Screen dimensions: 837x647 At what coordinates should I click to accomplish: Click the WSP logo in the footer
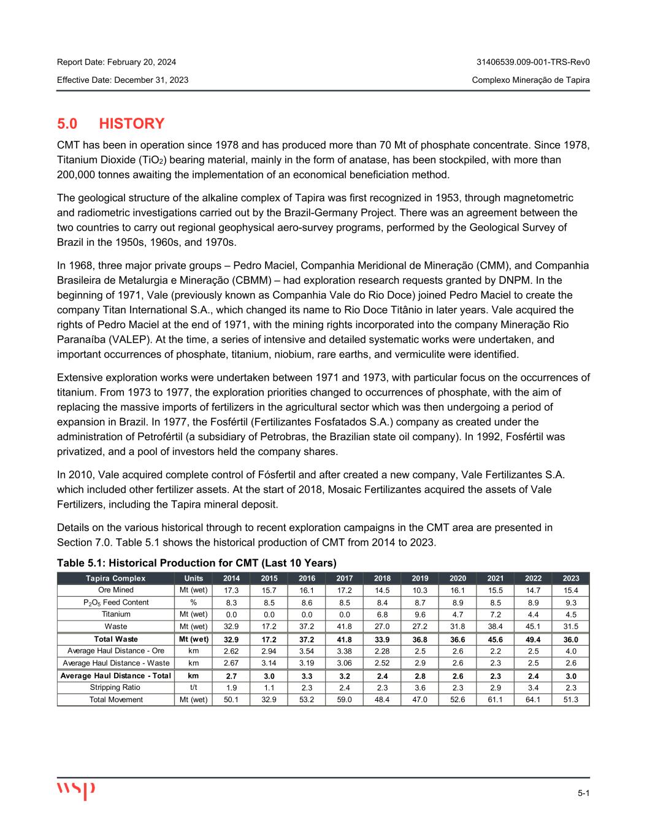coord(76,790)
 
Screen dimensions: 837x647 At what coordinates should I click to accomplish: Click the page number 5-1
coord(583,794)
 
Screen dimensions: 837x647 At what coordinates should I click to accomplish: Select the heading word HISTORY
coord(132,124)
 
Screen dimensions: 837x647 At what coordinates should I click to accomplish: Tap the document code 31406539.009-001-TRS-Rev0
coord(533,62)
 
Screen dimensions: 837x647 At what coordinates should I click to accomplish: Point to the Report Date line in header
coord(117,62)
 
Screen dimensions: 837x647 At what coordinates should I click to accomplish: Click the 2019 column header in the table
coord(420,578)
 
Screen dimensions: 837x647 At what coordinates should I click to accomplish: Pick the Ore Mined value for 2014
coord(231,590)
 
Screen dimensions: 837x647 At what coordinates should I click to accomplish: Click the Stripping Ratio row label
coord(116,687)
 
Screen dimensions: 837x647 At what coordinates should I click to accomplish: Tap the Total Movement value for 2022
coord(533,700)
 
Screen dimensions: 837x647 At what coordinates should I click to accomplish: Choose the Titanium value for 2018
coord(382,614)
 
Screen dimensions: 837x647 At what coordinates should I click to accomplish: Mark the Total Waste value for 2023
coord(571,639)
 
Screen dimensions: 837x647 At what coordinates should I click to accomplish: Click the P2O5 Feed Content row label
coord(116,602)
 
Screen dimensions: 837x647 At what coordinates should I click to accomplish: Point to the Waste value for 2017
coord(345,627)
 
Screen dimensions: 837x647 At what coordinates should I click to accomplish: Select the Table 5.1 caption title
coord(197,563)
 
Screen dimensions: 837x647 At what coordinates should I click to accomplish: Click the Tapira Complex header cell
coord(116,578)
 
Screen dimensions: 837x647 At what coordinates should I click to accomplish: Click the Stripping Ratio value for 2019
coord(420,687)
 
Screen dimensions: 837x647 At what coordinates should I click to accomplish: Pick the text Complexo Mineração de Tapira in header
coord(531,80)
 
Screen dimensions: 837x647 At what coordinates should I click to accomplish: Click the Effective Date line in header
coord(123,80)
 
